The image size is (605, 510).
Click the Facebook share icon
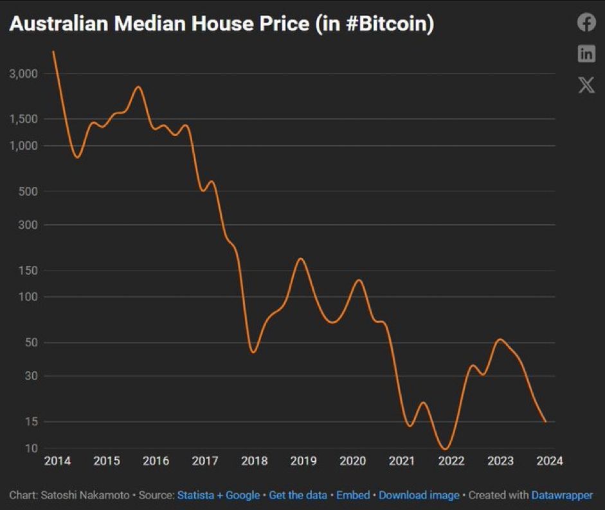(586, 22)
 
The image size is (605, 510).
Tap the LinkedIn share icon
(586, 54)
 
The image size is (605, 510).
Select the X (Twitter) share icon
(586, 85)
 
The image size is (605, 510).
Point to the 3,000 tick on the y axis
(24, 74)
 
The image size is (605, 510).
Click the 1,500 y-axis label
(24, 119)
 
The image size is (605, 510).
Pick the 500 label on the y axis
(29, 191)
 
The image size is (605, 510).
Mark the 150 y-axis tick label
(29, 270)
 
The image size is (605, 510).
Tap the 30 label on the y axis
(32, 376)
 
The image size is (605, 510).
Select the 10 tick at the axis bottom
(32, 448)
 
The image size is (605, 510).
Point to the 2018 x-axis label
(254, 461)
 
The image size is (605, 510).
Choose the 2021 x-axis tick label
(402, 461)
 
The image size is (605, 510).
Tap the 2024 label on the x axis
(550, 461)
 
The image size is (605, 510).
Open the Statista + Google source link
(219, 495)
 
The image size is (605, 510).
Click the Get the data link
(298, 495)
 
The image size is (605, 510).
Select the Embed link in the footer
(353, 495)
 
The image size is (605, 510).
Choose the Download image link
(419, 495)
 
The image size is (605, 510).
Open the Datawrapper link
(562, 495)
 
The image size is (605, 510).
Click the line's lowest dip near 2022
(444, 449)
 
